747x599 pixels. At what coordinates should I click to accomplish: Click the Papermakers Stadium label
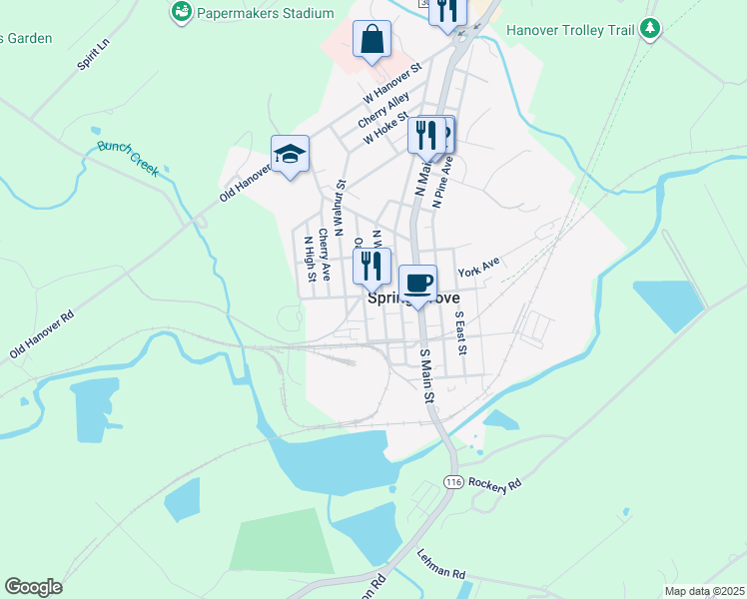pyautogui.click(x=265, y=13)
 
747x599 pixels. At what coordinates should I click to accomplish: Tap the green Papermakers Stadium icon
pyautogui.click(x=181, y=12)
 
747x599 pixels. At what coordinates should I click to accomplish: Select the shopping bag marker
pyautogui.click(x=372, y=41)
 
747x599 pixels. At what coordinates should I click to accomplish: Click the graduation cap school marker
pyautogui.click(x=290, y=154)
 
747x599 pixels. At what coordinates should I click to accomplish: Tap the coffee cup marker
pyautogui.click(x=418, y=284)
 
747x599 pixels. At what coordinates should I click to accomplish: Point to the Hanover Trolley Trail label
pyautogui.click(x=570, y=30)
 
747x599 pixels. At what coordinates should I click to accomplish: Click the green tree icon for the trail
pyautogui.click(x=651, y=29)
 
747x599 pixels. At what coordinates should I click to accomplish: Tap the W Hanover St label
pyautogui.click(x=393, y=85)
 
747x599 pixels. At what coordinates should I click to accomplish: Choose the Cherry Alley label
pyautogui.click(x=384, y=111)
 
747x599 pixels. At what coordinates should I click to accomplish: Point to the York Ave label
pyautogui.click(x=478, y=268)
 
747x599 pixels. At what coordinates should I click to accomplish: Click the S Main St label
pyautogui.click(x=427, y=375)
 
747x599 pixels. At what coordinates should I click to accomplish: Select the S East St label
pyautogui.click(x=460, y=334)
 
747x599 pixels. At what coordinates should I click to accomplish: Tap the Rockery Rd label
pyautogui.click(x=495, y=484)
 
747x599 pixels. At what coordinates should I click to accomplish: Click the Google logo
pyautogui.click(x=33, y=587)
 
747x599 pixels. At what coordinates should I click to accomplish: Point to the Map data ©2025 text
pyautogui.click(x=704, y=591)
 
